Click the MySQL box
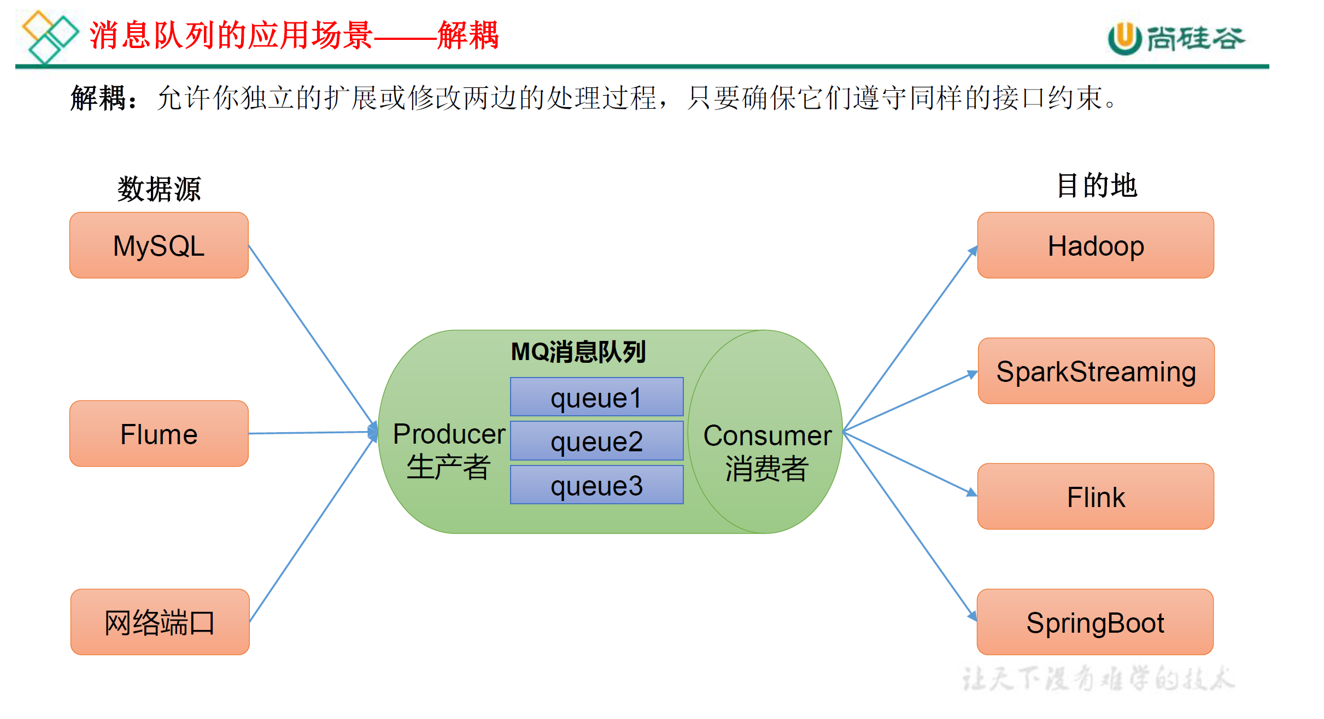click(x=159, y=245)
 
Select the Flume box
click(x=159, y=434)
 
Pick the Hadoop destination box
click(x=1095, y=245)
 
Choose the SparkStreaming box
click(x=1096, y=371)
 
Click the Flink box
click(x=1095, y=497)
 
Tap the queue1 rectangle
click(x=596, y=397)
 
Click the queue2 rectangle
click(x=596, y=441)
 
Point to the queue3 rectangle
click(x=596, y=485)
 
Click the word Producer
click(x=449, y=434)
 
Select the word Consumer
click(x=767, y=435)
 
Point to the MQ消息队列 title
click(x=578, y=352)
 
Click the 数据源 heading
click(x=159, y=189)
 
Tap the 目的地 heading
click(x=1097, y=186)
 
